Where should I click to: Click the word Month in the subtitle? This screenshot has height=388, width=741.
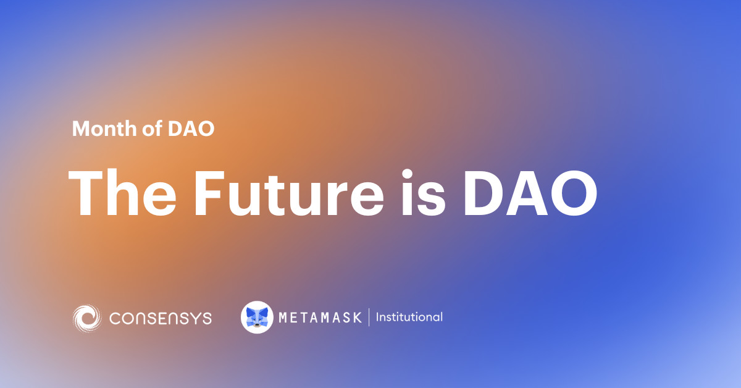[x=101, y=129]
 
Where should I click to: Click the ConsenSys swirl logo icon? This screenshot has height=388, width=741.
[x=86, y=318]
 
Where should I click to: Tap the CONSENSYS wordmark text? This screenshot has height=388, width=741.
[x=161, y=318]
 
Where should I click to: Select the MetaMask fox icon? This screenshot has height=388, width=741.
[x=257, y=317]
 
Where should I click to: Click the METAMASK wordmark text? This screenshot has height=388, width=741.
[x=320, y=318]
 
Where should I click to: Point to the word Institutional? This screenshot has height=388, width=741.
[x=409, y=318]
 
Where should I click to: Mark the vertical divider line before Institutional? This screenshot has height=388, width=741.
[x=369, y=318]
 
